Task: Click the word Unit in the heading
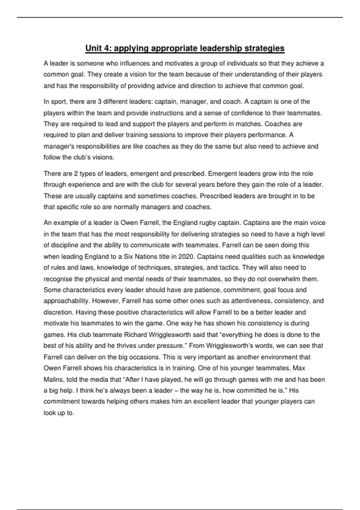click(x=93, y=48)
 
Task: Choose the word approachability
click(x=66, y=301)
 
